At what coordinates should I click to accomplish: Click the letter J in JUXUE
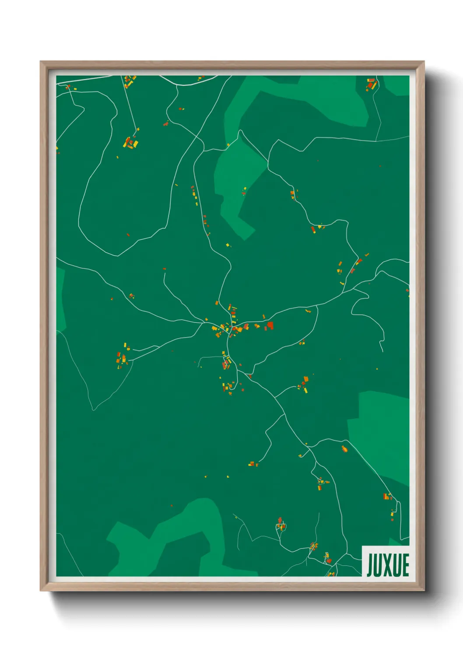click(x=370, y=565)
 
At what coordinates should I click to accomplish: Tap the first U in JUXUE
click(x=379, y=565)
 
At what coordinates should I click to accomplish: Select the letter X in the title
click(x=388, y=565)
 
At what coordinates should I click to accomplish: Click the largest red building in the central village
click(x=270, y=325)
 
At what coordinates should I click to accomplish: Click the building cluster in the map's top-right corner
click(x=372, y=84)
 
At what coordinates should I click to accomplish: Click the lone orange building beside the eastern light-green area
click(x=344, y=448)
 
